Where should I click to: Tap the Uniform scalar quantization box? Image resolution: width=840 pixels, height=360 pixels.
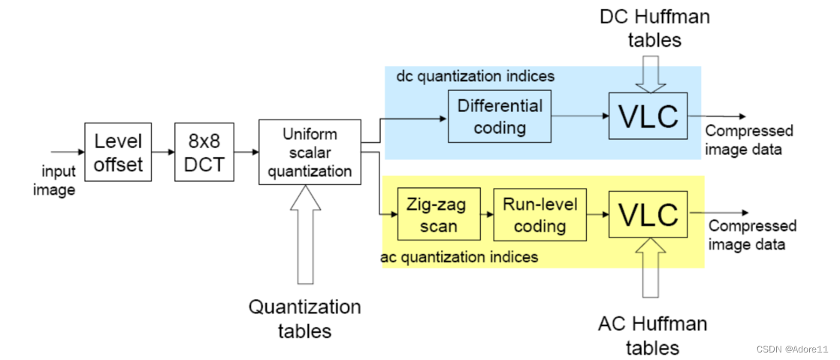click(x=310, y=151)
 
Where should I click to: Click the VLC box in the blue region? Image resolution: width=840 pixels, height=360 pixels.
click(x=647, y=116)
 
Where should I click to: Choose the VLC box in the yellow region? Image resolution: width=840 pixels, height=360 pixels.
click(x=648, y=215)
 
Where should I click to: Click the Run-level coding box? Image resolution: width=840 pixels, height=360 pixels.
click(x=539, y=214)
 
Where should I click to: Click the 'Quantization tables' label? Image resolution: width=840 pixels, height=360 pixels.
click(x=304, y=318)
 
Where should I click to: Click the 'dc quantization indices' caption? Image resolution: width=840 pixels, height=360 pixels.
click(x=475, y=76)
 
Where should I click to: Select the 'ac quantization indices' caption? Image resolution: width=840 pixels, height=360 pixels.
click(x=460, y=257)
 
